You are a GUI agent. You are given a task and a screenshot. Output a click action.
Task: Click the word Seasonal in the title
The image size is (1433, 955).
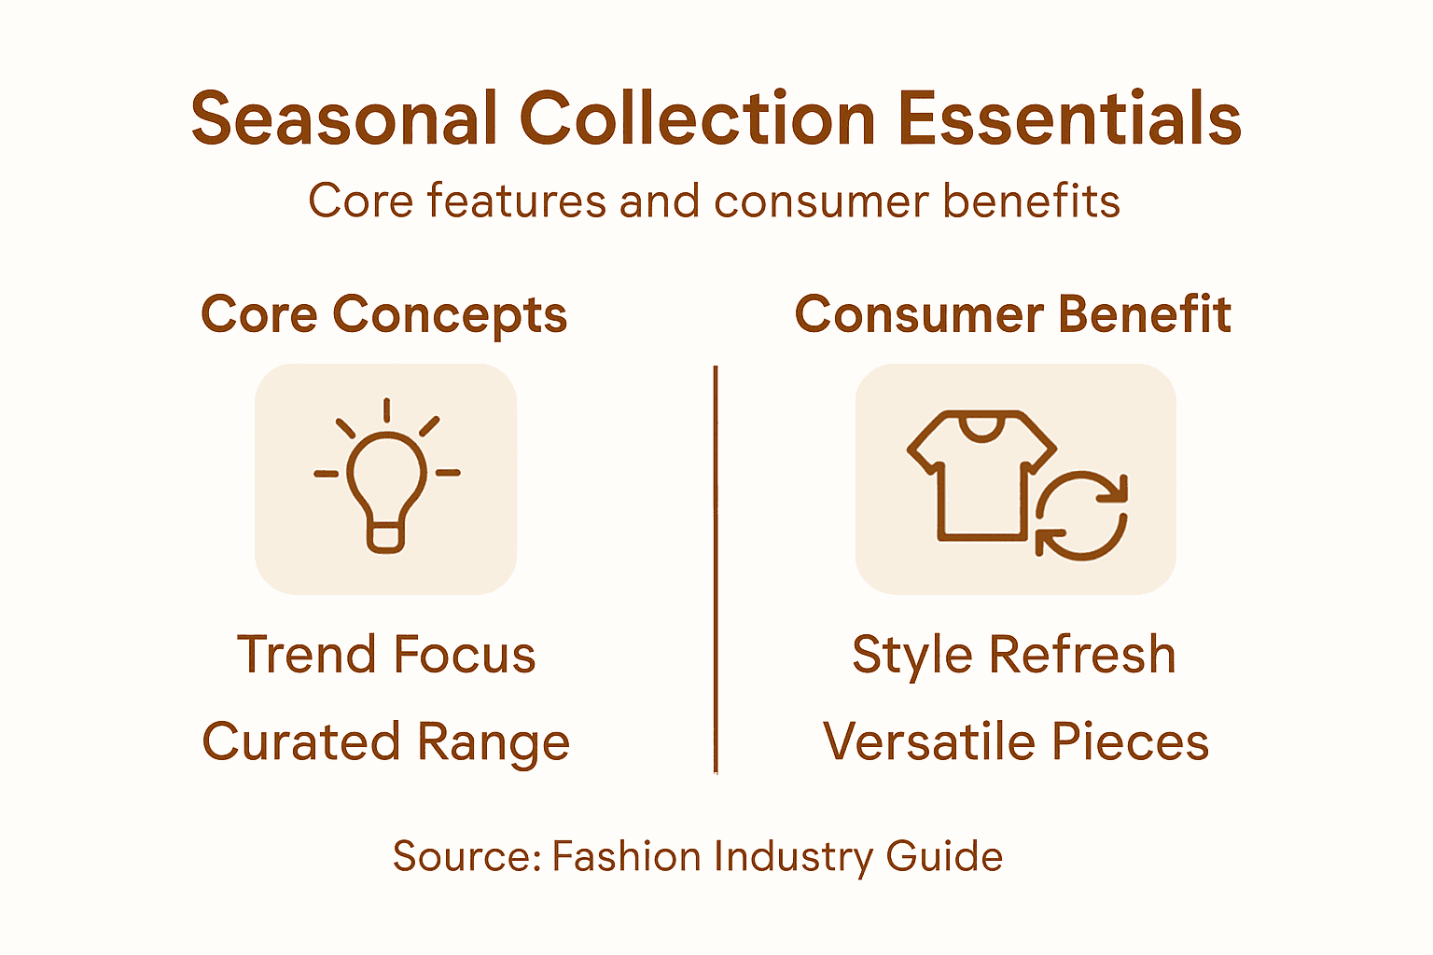(x=344, y=119)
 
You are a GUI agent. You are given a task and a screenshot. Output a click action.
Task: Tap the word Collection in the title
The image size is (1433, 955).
(x=697, y=119)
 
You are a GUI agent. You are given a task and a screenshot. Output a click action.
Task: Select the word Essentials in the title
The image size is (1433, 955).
(x=1069, y=119)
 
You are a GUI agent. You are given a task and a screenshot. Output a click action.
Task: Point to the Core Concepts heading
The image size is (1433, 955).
(x=383, y=314)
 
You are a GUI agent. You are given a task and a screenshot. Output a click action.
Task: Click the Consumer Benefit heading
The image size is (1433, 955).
(x=1012, y=314)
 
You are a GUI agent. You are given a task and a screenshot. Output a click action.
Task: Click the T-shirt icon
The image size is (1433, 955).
(x=975, y=476)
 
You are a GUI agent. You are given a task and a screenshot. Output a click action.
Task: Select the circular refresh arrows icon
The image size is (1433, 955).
(x=1081, y=516)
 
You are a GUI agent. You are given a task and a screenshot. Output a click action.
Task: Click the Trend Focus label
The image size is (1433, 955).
(x=386, y=654)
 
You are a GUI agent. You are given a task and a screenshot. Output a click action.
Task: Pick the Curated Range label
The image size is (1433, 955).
(x=385, y=742)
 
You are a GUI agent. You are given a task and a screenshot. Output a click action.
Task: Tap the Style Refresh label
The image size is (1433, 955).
(x=1013, y=654)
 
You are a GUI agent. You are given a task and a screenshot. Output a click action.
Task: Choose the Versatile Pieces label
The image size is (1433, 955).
(x=1015, y=742)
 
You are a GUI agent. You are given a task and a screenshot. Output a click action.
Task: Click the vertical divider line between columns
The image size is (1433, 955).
(x=716, y=569)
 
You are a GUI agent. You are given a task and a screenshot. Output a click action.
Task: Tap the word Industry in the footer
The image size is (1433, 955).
(x=794, y=856)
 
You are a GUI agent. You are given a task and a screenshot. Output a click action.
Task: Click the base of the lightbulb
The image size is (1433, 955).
(x=386, y=538)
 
